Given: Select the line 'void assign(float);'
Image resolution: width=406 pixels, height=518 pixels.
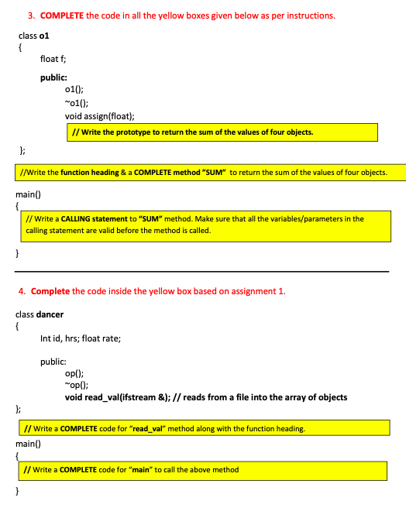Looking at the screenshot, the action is [x=100, y=117].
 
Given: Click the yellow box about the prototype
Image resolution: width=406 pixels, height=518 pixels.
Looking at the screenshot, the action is [x=222, y=132].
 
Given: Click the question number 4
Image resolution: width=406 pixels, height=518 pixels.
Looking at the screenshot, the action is [x=22, y=291].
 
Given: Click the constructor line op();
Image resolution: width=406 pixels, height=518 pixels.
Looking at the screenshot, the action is [x=74, y=373].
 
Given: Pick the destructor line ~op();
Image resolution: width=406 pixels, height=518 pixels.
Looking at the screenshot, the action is [x=76, y=385].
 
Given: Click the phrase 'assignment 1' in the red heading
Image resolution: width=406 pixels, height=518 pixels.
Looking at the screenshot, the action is [x=260, y=291].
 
